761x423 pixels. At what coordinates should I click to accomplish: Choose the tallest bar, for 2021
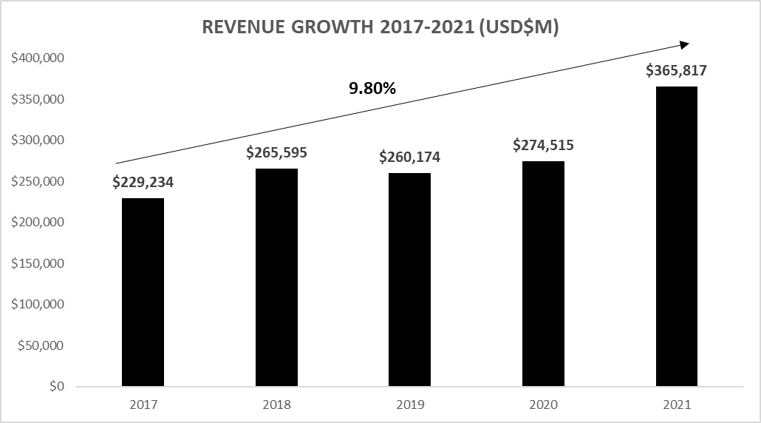pyautogui.click(x=676, y=237)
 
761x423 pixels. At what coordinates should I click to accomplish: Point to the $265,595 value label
pyautogui.click(x=276, y=154)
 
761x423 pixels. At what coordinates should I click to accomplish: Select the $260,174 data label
pyautogui.click(x=409, y=158)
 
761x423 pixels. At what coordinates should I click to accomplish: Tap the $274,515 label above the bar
pyautogui.click(x=543, y=146)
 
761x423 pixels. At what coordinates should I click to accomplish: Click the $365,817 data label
pyautogui.click(x=676, y=71)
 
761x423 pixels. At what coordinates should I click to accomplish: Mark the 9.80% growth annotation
pyautogui.click(x=372, y=89)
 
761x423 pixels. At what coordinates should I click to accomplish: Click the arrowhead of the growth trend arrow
pyautogui.click(x=685, y=44)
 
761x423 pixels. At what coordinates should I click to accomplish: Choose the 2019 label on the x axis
pyautogui.click(x=409, y=405)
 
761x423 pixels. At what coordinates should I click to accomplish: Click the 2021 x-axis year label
pyautogui.click(x=676, y=405)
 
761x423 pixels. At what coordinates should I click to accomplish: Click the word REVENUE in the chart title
pyautogui.click(x=241, y=28)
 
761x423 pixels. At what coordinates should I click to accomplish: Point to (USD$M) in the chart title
pyautogui.click(x=519, y=28)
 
